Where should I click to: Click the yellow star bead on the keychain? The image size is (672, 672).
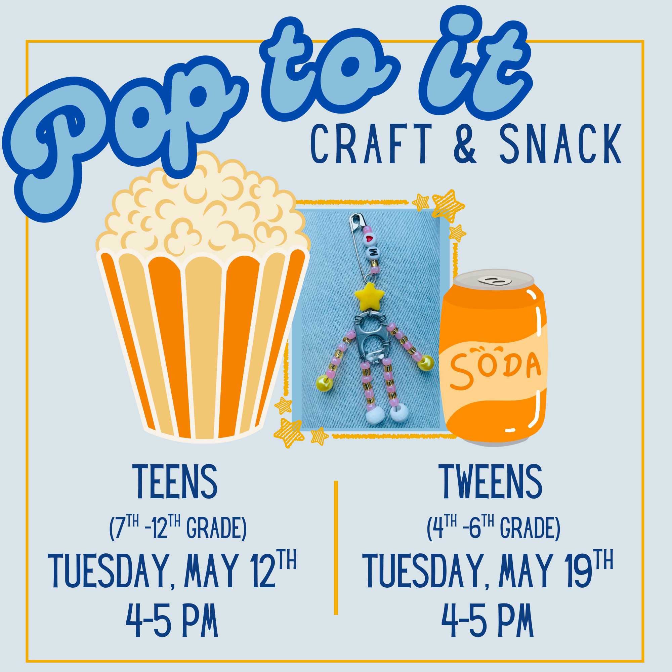[x=369, y=297]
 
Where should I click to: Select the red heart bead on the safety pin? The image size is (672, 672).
[x=369, y=239]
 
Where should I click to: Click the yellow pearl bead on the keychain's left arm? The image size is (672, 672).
[x=324, y=384]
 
